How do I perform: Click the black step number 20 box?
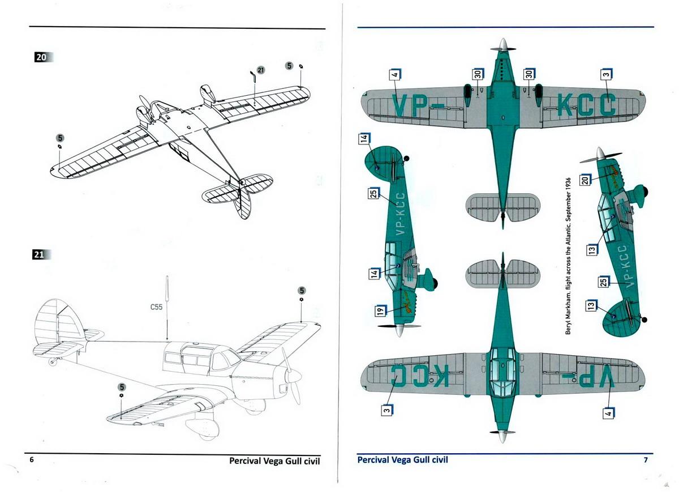pyautogui.click(x=41, y=57)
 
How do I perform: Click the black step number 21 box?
pyautogui.click(x=39, y=254)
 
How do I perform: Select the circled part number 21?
pyautogui.click(x=261, y=70)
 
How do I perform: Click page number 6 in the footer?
pyautogui.click(x=32, y=459)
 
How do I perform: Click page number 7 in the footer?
pyautogui.click(x=646, y=459)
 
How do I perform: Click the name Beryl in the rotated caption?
pyautogui.click(x=567, y=323)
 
